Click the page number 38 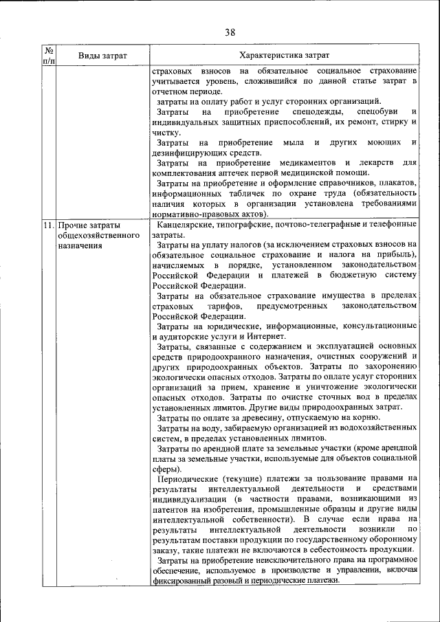(230, 32)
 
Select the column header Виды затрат (102, 55)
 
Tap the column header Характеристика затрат (284, 55)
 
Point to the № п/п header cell (49, 55)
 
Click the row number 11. (48, 225)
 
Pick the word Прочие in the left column (73, 225)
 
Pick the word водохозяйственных (377, 427)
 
